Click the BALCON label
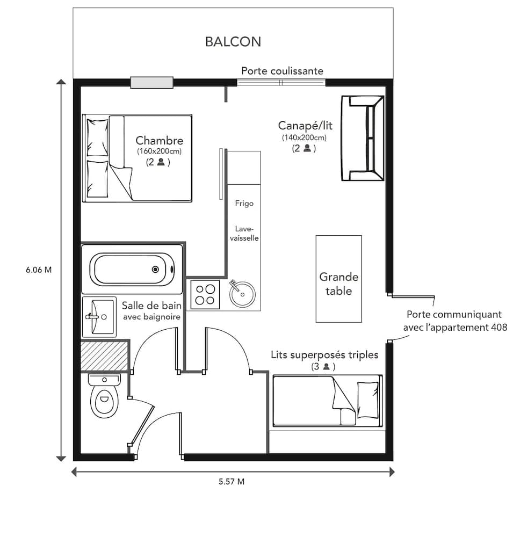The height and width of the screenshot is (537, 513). pyautogui.click(x=233, y=42)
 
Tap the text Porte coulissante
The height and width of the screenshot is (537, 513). pyautogui.click(x=282, y=71)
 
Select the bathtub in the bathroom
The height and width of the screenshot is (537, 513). pyautogui.click(x=132, y=269)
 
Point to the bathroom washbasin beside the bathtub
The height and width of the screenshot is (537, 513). pyautogui.click(x=99, y=317)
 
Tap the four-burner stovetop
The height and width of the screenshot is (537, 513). pyautogui.click(x=205, y=295)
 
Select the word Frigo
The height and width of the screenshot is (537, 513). pyautogui.click(x=244, y=204)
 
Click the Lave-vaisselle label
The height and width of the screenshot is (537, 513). pyautogui.click(x=244, y=233)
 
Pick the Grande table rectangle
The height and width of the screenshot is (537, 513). pyautogui.click(x=338, y=279)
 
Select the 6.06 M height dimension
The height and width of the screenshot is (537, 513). pyautogui.click(x=39, y=270)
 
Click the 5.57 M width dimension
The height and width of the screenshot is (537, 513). pyautogui.click(x=232, y=482)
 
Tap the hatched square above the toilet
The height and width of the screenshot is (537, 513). pyautogui.click(x=104, y=355)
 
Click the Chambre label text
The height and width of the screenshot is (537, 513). pyautogui.click(x=159, y=141)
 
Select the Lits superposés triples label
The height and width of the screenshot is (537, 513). pyautogui.click(x=324, y=355)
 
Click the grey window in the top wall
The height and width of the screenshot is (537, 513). pyautogui.click(x=152, y=82)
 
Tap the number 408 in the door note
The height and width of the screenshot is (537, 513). pyautogui.click(x=496, y=326)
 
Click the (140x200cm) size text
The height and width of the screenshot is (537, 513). pyautogui.click(x=304, y=137)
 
